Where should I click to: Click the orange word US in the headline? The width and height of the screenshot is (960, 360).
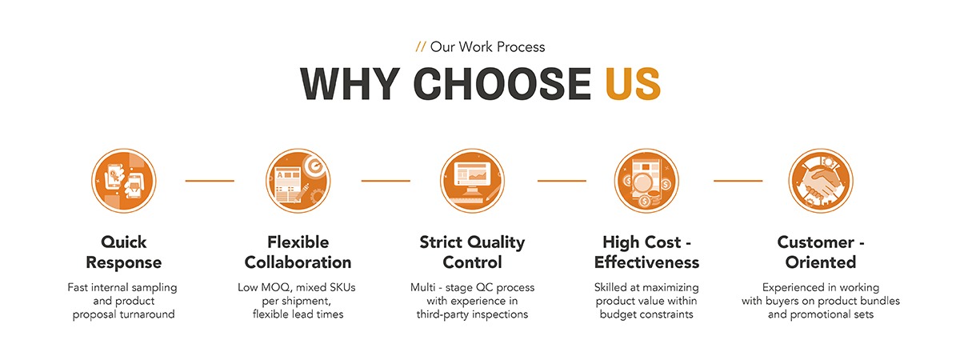(633, 83)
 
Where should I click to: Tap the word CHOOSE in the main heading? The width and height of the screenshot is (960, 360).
(502, 83)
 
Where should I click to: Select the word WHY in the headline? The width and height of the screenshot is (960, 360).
(350, 83)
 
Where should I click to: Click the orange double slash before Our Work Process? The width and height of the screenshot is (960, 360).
(421, 46)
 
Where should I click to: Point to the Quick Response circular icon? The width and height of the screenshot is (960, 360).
(123, 181)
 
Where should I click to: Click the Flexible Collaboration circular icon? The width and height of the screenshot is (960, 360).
(298, 181)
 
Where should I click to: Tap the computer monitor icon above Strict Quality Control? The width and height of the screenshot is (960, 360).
(472, 181)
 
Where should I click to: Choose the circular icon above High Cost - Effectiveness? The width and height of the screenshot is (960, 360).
(646, 181)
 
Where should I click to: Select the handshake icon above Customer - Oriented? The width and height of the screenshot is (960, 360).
(821, 181)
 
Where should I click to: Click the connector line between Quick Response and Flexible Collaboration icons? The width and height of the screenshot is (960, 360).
(210, 181)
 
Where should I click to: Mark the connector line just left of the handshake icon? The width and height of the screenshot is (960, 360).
(738, 181)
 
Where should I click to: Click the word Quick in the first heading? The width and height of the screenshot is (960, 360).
(123, 242)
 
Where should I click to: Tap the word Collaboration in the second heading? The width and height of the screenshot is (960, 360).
(298, 262)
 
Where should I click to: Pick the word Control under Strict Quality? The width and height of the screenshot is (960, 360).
(472, 262)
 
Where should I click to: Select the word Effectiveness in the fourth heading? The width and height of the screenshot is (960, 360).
(646, 262)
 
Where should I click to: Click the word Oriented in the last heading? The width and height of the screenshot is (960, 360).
(821, 262)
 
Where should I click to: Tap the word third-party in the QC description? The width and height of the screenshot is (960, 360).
(441, 314)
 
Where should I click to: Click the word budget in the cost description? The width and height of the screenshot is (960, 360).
(619, 314)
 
